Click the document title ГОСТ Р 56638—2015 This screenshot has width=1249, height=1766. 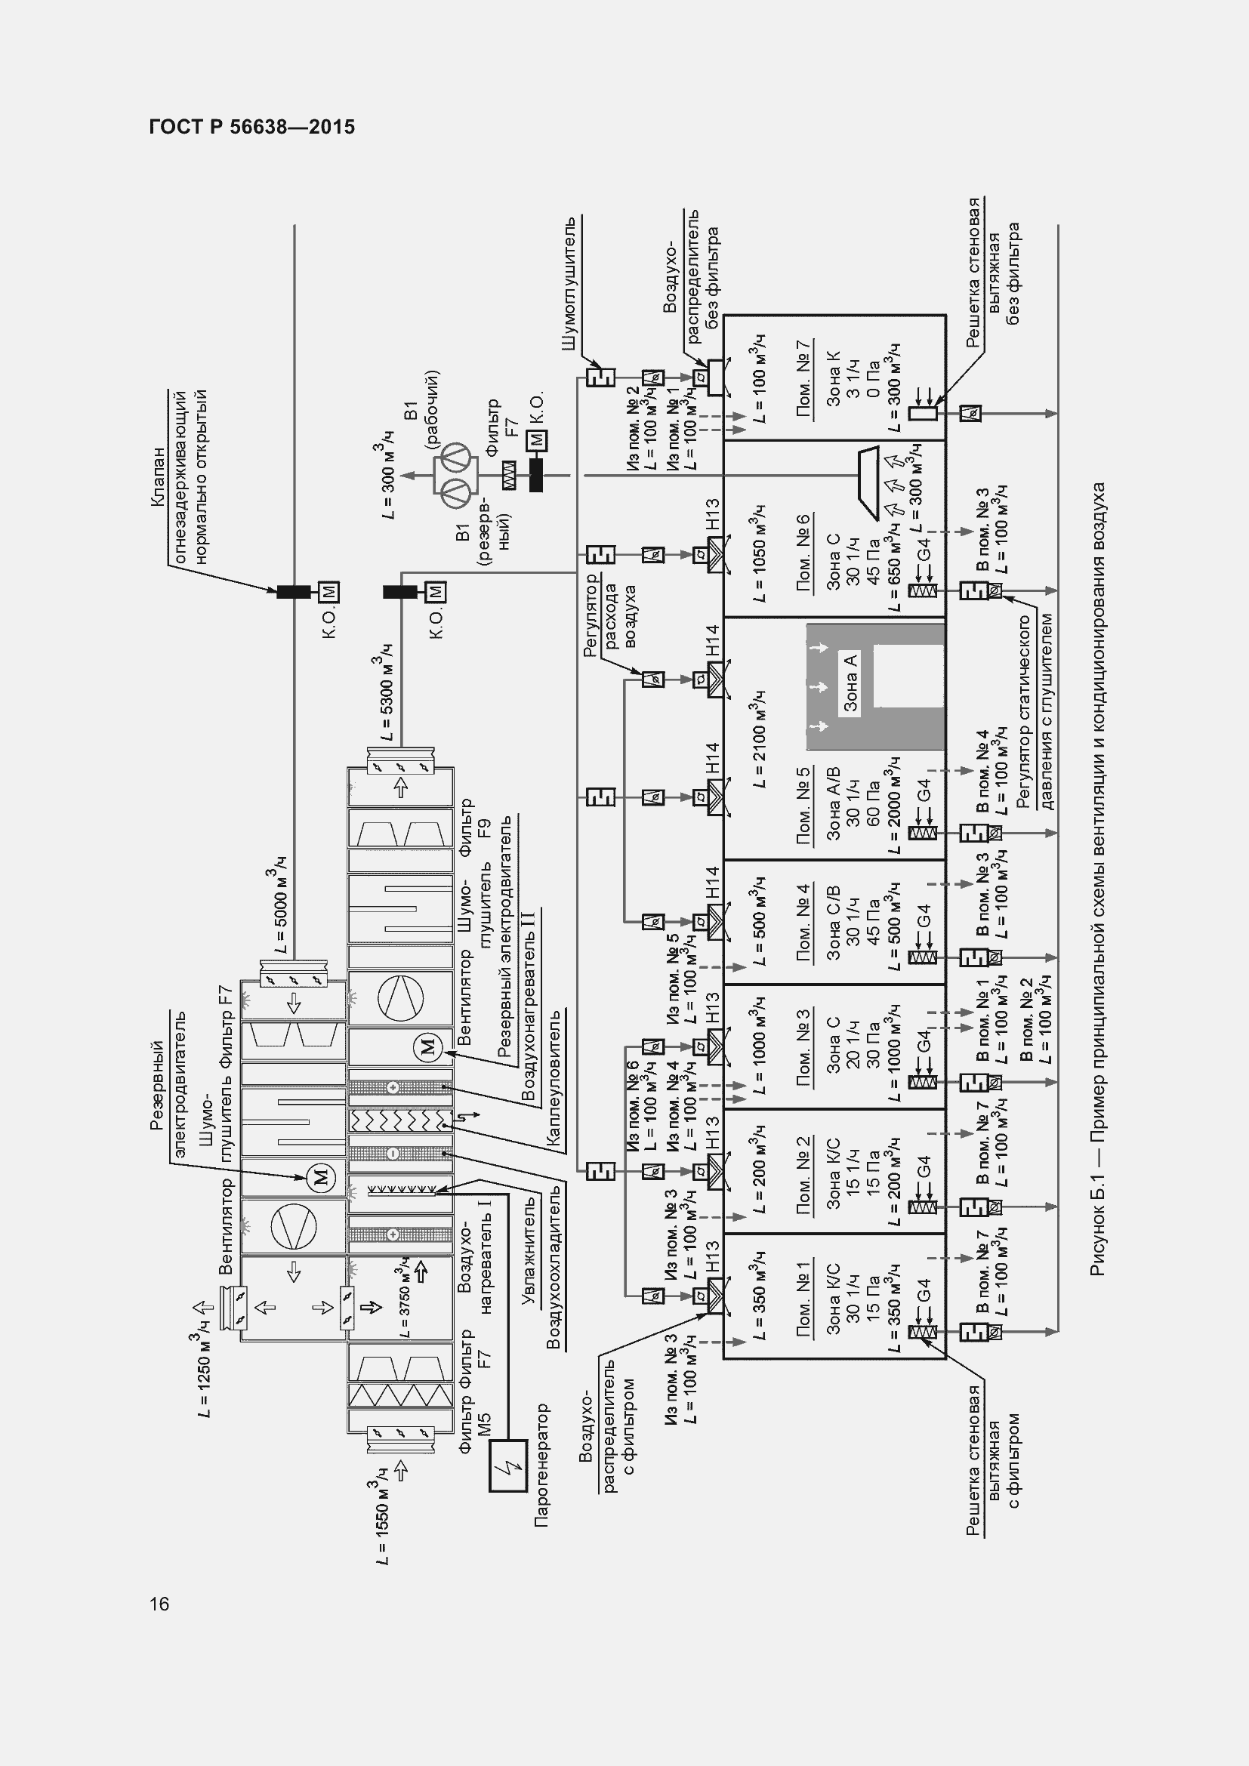(252, 128)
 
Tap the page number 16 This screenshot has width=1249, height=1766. (159, 1603)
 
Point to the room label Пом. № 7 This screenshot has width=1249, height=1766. (804, 379)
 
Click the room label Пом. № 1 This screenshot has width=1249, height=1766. (804, 1299)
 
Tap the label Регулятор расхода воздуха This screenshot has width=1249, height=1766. (611, 616)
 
